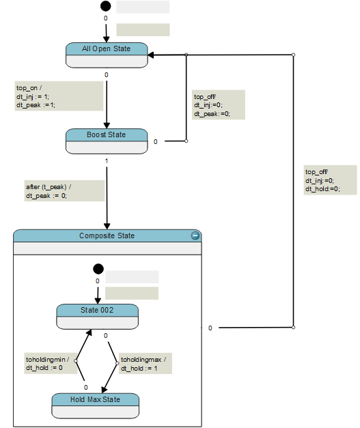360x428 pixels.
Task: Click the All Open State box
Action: click(107, 55)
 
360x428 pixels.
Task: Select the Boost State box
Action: click(107, 141)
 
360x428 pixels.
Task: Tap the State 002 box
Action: click(98, 316)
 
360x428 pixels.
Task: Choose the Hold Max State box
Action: click(95, 405)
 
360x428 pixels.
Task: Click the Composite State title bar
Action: click(107, 236)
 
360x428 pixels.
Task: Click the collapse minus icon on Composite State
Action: click(195, 236)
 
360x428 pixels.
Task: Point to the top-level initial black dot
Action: click(105, 7)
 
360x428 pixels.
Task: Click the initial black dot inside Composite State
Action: click(98, 269)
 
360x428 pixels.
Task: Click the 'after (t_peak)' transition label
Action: click(64, 190)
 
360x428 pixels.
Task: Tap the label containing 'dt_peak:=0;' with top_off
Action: click(218, 105)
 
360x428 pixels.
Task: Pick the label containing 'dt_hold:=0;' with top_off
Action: click(330, 180)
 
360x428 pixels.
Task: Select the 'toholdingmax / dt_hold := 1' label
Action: click(145, 363)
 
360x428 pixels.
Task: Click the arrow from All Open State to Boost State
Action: click(107, 102)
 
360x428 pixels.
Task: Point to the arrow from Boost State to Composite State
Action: click(107, 198)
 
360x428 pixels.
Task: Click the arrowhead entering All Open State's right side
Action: click(152, 55)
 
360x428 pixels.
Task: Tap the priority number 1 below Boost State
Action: click(107, 160)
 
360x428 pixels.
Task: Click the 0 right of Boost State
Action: click(155, 142)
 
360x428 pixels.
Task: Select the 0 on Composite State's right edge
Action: click(210, 328)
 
